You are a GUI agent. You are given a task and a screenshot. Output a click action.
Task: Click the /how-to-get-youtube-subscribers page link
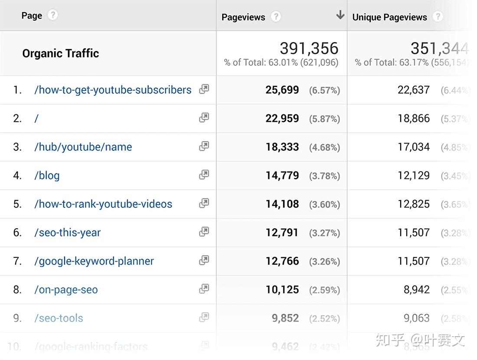pos(113,90)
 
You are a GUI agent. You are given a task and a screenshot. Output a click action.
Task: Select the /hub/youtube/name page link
pos(83,147)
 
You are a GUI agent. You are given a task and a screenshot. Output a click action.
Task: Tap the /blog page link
pos(47,175)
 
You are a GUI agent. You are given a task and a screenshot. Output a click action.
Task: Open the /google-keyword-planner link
pos(94,261)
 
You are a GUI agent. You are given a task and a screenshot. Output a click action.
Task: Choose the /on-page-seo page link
pos(66,290)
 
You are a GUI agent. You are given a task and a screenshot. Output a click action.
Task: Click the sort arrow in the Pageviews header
pos(340,15)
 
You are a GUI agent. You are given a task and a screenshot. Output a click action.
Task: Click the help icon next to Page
pos(52,15)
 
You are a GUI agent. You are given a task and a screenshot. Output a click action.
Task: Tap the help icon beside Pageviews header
pos(275,17)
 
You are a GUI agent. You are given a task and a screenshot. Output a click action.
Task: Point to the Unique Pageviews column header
pos(389,17)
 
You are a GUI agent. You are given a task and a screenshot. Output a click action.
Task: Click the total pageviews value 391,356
pos(309,48)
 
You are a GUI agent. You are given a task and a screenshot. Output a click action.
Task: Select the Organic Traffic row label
pos(61,53)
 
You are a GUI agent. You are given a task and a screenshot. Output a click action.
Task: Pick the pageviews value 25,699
pos(282,90)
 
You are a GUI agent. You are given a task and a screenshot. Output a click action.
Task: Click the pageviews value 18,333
pos(282,147)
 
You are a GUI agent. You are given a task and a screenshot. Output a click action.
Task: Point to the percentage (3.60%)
pos(324,204)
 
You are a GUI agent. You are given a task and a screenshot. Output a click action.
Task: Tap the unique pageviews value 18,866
pos(414,118)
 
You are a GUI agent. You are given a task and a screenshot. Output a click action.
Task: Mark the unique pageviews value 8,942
pos(416,290)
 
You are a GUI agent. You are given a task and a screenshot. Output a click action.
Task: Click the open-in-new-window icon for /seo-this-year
pos(204,232)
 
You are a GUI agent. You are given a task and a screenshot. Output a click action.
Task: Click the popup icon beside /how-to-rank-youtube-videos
pos(204,203)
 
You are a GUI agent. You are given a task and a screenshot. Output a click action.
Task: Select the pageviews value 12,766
pos(282,261)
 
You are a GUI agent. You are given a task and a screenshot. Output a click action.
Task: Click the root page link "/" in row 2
pos(36,119)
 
